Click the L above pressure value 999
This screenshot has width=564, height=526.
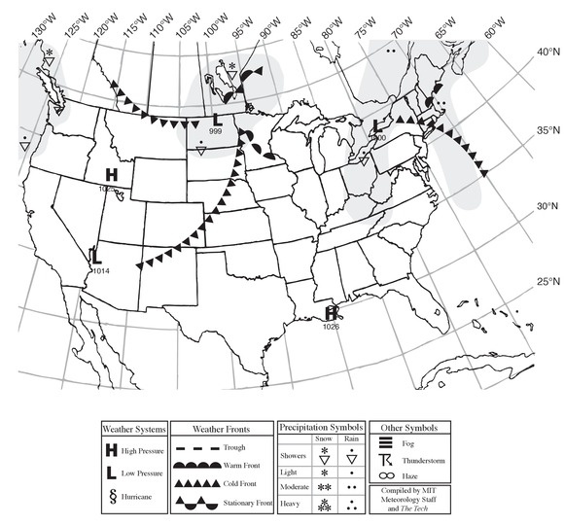tap(215, 121)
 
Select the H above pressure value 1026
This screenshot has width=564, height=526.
tap(332, 313)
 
